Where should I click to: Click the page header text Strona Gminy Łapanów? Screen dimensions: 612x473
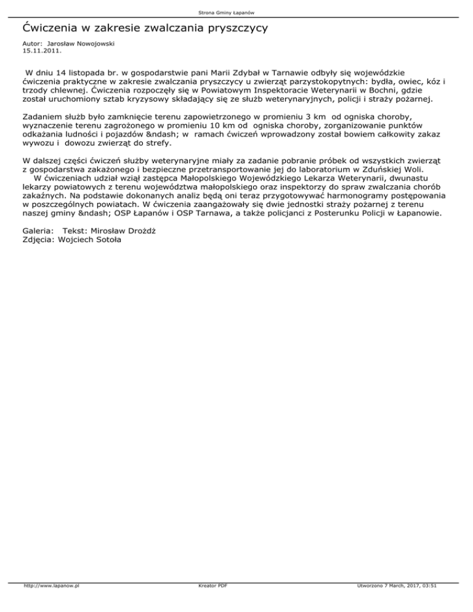coord(236,12)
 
